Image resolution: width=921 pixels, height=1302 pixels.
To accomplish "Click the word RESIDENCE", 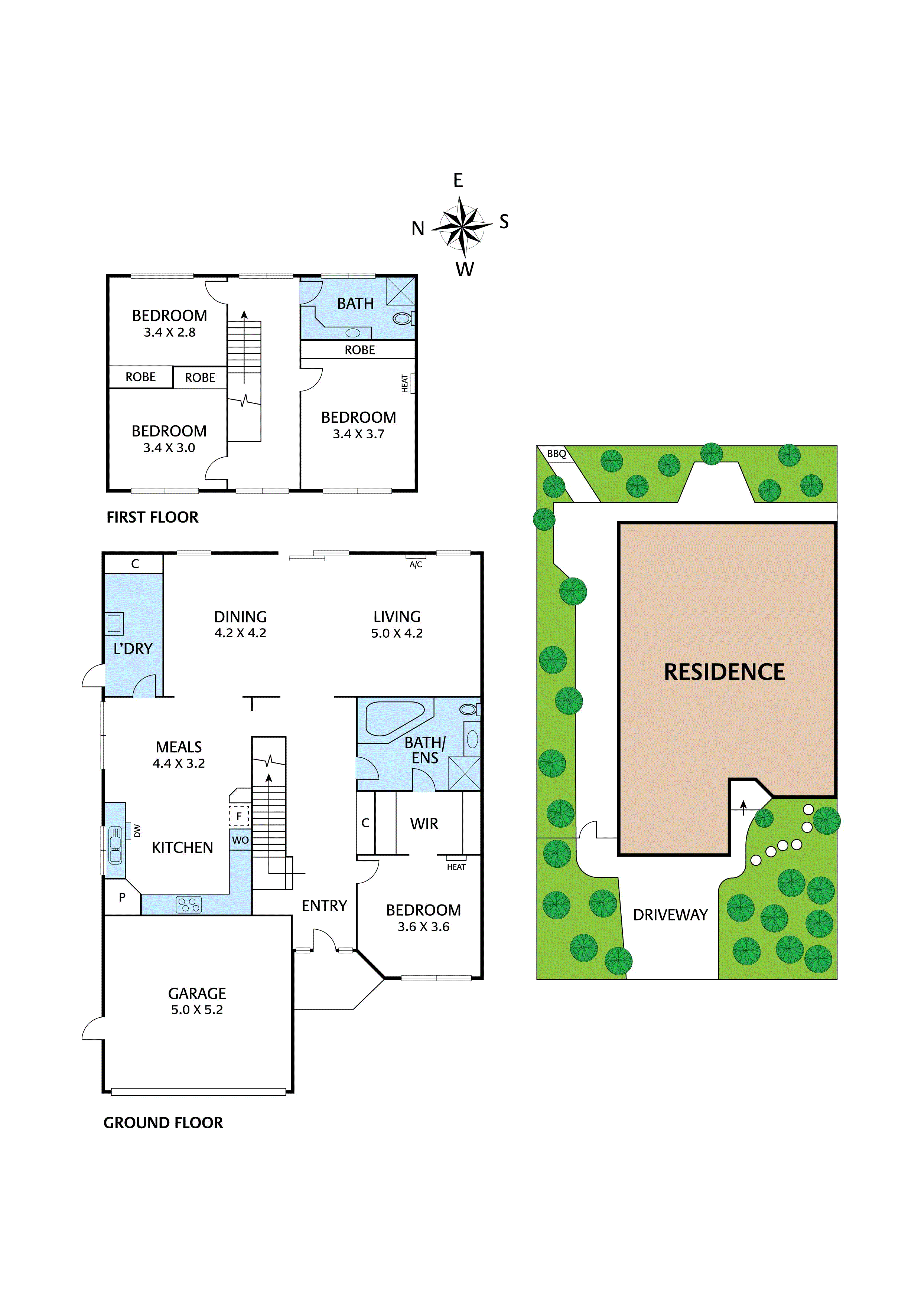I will [724, 672].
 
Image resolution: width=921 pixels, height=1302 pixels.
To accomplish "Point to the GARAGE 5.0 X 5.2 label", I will [197, 1001].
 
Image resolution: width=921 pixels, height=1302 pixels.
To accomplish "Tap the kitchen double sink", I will [115, 845].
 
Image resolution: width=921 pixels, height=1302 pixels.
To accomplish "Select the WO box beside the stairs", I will [240, 840].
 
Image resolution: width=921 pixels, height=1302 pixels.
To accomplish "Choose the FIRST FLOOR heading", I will [152, 517].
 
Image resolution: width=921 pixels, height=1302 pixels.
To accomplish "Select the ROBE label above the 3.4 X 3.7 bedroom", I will [360, 350].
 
